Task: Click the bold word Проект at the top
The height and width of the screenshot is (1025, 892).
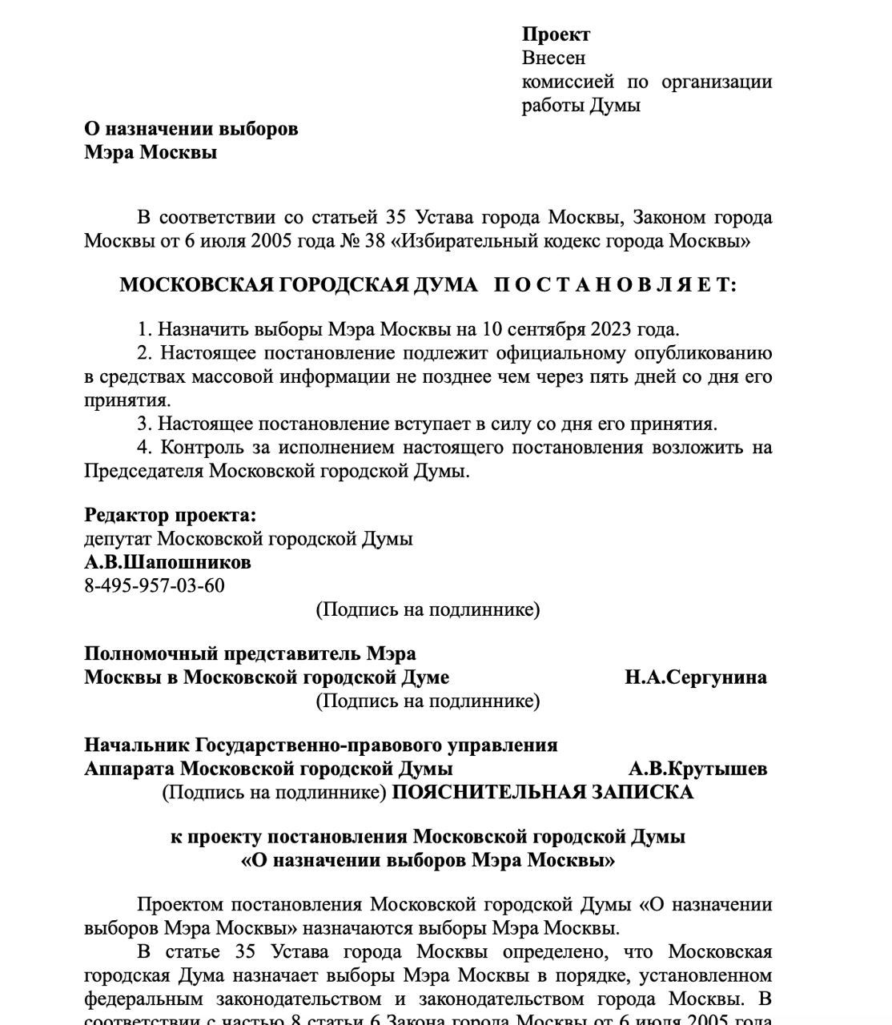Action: (x=556, y=34)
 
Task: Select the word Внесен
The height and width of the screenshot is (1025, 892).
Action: (x=553, y=58)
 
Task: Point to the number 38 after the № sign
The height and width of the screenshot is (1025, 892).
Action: (x=375, y=241)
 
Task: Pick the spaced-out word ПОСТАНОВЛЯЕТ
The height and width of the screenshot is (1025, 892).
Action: (x=614, y=285)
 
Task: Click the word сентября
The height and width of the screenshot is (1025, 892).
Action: (x=547, y=329)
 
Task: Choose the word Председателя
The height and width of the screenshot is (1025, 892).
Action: (x=144, y=471)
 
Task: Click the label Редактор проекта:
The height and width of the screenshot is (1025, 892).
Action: (x=170, y=515)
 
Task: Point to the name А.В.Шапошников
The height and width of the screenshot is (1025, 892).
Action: (x=167, y=562)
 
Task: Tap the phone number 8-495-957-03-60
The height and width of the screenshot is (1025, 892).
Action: (x=155, y=585)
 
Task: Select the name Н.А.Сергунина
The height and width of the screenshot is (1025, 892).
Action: (x=695, y=677)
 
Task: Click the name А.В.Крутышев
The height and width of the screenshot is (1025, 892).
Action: (x=697, y=769)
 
